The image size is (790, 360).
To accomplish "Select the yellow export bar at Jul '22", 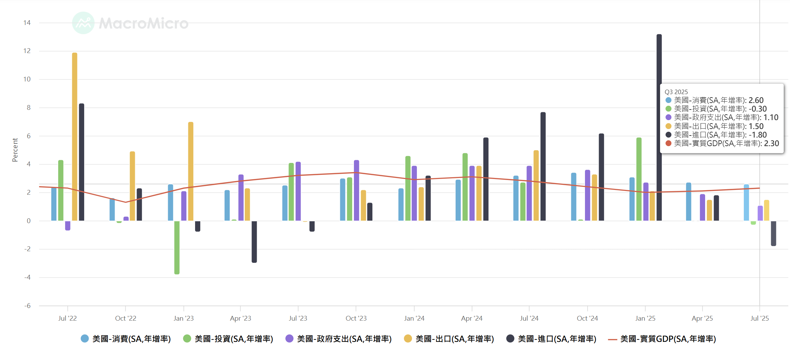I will click(75, 137).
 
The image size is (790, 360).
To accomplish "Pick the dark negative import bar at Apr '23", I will click(254, 242).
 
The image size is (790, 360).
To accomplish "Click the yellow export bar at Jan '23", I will click(191, 171).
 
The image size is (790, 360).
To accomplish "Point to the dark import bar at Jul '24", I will click(543, 166).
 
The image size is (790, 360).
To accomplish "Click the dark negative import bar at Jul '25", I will click(773, 233).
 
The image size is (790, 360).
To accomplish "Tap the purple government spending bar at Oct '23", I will click(356, 190).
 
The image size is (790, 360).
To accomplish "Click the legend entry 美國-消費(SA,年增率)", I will click(131, 339).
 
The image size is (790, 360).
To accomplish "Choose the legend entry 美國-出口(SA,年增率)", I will click(454, 339).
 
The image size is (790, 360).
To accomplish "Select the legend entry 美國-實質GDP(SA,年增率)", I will click(668, 339).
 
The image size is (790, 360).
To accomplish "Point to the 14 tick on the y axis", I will click(27, 23).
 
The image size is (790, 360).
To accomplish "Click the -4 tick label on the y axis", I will click(27, 277).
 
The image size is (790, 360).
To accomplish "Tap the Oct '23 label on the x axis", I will click(356, 318).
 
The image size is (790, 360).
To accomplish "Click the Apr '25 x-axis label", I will click(702, 318).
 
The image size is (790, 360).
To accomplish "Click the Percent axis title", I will click(15, 150).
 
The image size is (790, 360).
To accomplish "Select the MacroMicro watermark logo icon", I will click(83, 23).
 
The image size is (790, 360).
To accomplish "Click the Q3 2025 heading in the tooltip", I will click(676, 92).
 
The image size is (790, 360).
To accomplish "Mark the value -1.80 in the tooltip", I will click(757, 135).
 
